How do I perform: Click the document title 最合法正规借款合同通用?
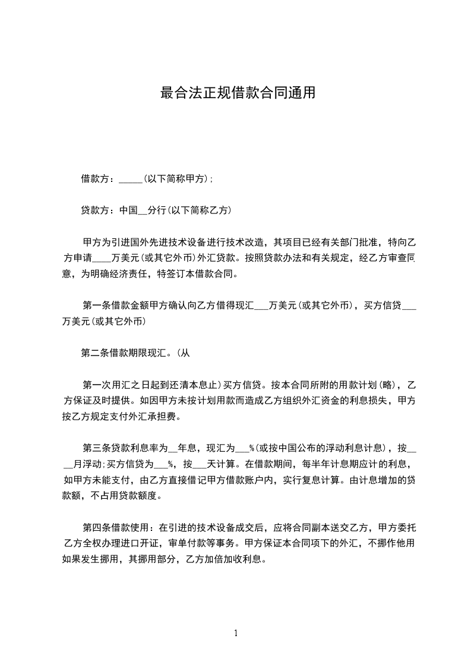point(238,93)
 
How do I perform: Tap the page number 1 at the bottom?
point(236,633)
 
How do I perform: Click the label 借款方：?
point(100,178)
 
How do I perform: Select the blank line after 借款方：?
point(131,180)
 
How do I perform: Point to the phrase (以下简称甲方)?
point(176,178)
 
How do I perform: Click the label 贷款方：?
point(100,210)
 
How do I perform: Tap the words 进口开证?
point(147,543)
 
